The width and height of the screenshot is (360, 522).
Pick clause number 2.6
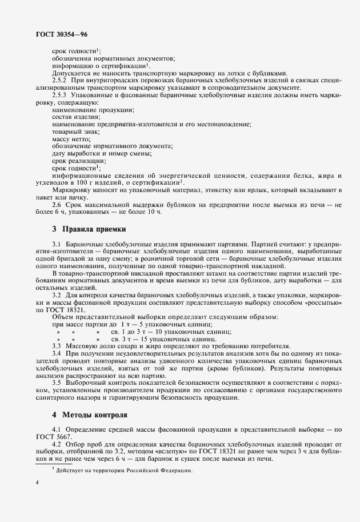[x=57, y=205]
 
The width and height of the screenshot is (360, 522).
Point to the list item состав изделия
[x=75, y=117]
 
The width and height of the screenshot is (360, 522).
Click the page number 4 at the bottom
[x=37, y=483]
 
